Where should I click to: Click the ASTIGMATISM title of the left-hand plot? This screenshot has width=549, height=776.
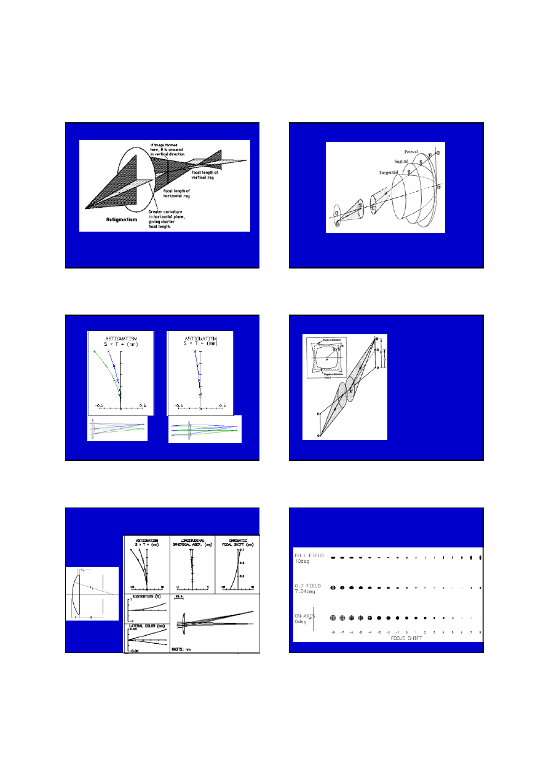[121, 339]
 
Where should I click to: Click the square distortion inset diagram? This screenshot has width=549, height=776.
[326, 358]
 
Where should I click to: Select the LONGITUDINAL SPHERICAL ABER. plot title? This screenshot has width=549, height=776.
[192, 543]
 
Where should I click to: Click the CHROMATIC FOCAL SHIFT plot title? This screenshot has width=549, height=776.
[237, 543]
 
